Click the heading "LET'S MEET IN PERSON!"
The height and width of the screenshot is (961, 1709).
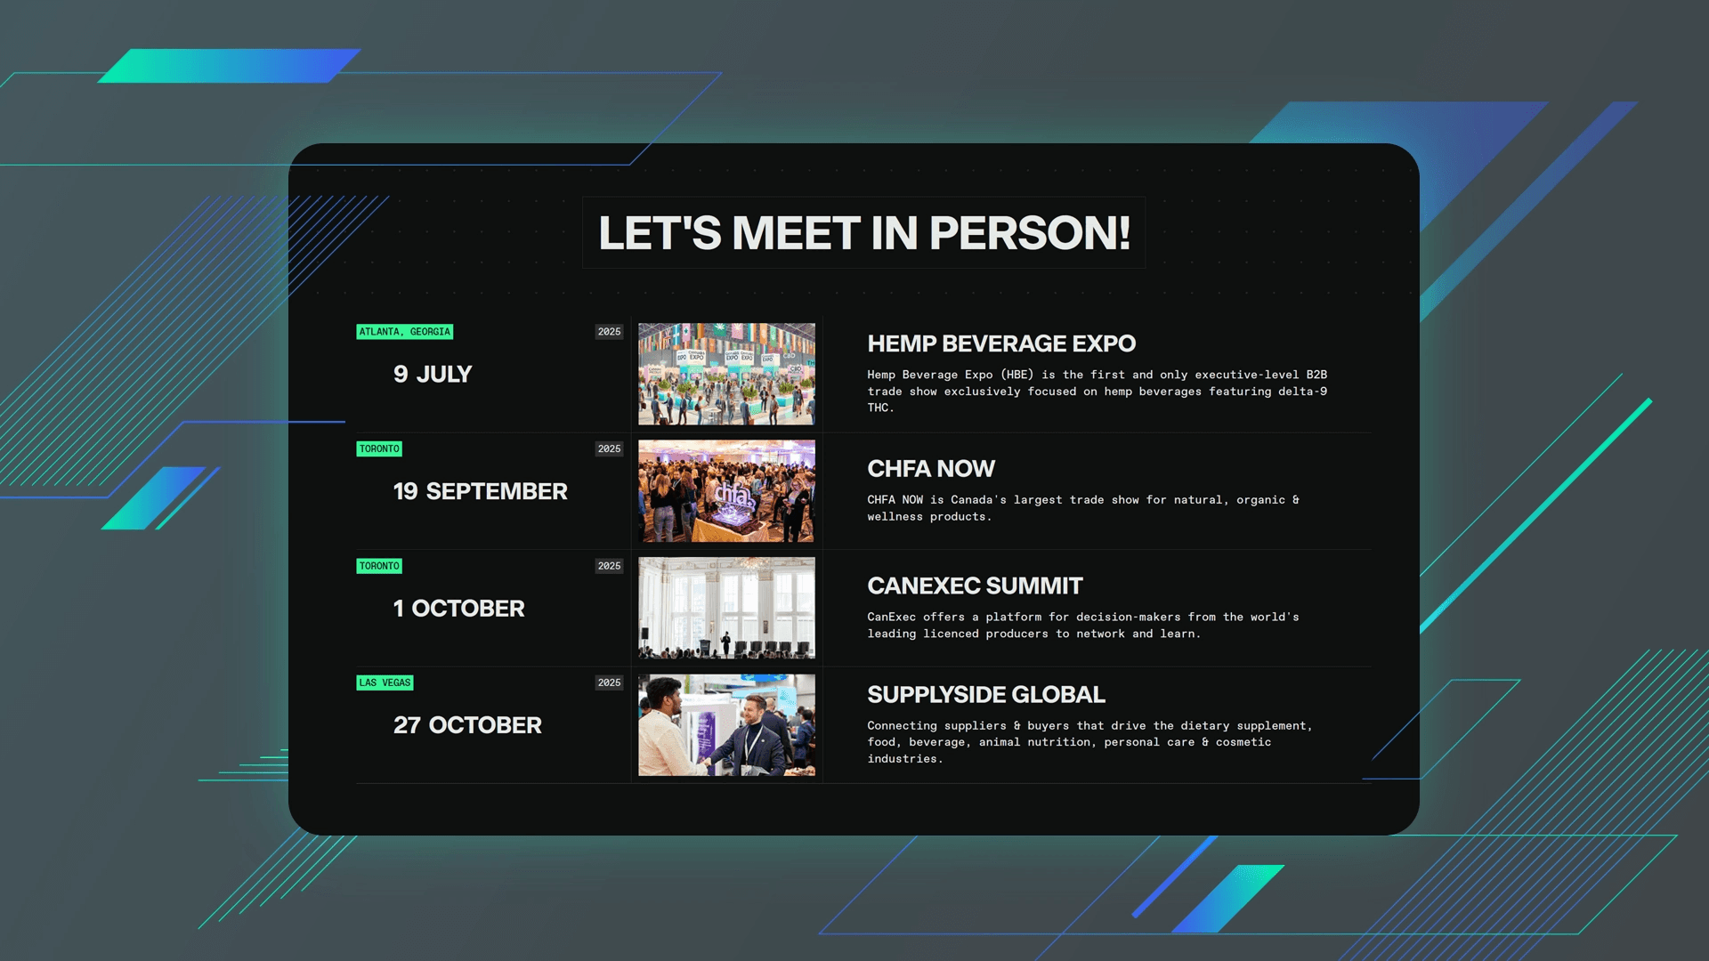(864, 233)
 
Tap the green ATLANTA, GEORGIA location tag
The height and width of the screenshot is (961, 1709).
(405, 332)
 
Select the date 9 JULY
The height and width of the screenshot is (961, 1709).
(433, 375)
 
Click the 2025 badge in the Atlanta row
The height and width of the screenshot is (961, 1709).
(610, 332)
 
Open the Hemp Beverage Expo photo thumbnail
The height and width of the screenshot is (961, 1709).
(726, 374)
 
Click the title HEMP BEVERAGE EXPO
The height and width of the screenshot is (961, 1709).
(1001, 343)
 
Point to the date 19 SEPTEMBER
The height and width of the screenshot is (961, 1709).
(481, 491)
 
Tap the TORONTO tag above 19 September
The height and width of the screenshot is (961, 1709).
(379, 449)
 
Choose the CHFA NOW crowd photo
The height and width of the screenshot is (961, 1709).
(726, 491)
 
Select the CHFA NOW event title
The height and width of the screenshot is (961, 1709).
(931, 469)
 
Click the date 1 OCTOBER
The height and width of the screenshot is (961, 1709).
(459, 609)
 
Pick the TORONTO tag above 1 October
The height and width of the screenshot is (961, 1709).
(379, 566)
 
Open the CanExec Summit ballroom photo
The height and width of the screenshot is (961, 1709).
(726, 608)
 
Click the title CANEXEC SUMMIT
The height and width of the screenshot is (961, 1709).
(975, 585)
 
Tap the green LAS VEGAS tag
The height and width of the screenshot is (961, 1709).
(385, 683)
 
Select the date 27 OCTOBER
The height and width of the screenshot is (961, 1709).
(467, 725)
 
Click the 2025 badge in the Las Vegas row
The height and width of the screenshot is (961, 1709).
(610, 683)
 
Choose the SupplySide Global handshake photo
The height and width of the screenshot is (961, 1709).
(726, 725)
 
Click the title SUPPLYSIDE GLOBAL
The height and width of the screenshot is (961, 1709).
(986, 695)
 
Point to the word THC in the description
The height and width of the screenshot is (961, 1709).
(879, 408)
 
